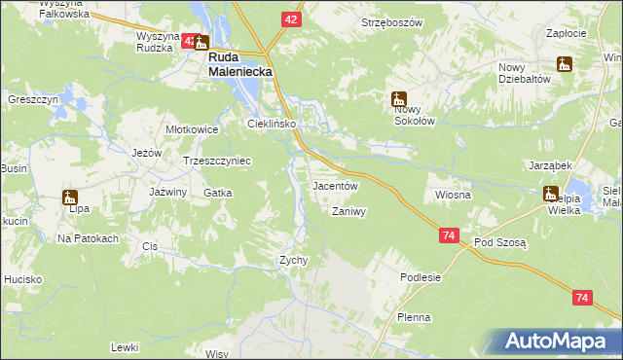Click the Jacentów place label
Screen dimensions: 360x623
click(336, 186)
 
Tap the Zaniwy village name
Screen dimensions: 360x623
click(348, 211)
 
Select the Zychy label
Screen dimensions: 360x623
click(294, 260)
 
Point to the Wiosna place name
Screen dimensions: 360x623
click(453, 195)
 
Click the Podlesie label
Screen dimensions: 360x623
click(421, 277)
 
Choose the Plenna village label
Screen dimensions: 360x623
click(414, 318)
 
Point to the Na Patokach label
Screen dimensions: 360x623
click(88, 238)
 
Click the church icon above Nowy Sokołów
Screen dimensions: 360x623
click(398, 98)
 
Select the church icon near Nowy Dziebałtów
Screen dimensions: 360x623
click(563, 64)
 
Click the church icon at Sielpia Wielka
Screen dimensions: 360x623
click(551, 194)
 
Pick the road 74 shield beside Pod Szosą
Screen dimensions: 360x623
click(448, 236)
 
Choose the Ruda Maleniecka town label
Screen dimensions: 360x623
click(238, 64)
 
